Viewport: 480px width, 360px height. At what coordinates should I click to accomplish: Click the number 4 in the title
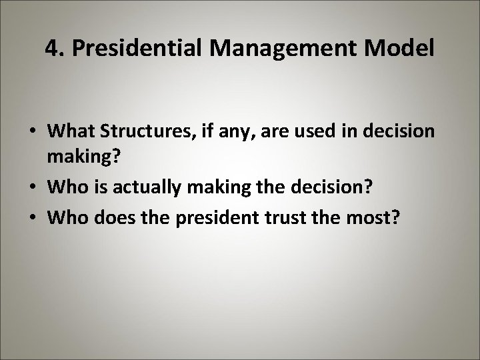[52, 49]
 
